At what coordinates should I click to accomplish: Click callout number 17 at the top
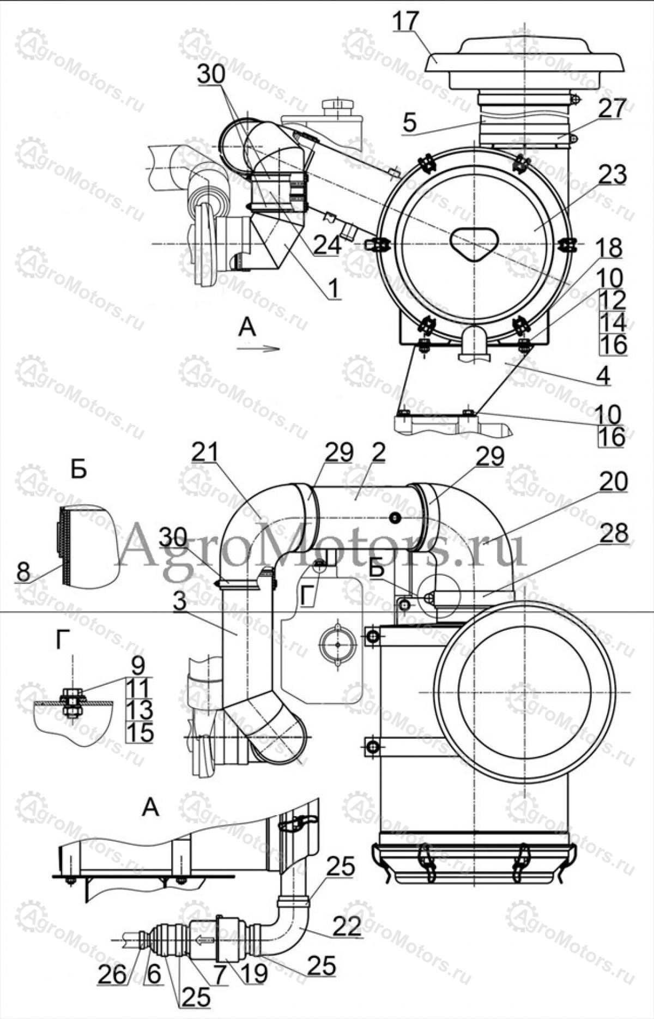pyautogui.click(x=405, y=21)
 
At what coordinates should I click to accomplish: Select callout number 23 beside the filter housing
pyautogui.click(x=611, y=175)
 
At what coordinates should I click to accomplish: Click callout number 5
pyautogui.click(x=410, y=123)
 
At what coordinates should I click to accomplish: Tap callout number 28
pyautogui.click(x=613, y=533)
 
